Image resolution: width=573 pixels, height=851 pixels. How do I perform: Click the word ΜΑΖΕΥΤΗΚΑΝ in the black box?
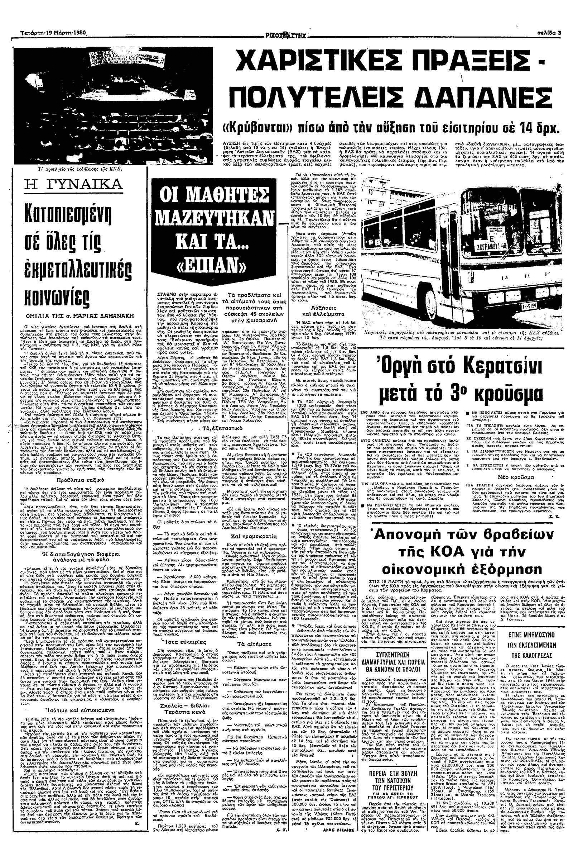pos(215,219)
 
